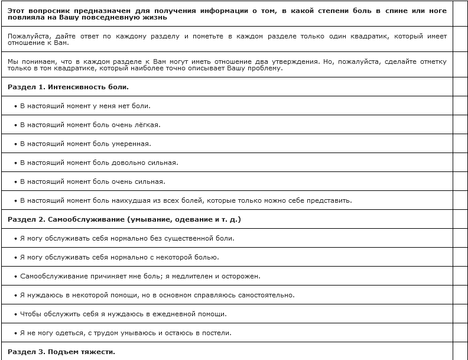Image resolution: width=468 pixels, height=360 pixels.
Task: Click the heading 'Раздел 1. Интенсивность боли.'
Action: (68, 87)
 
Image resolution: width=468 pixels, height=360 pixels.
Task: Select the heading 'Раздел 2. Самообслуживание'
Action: (124, 219)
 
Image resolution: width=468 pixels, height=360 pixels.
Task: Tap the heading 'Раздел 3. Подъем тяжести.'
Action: (61, 352)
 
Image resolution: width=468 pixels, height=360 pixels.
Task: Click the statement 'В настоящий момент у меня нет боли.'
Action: (85, 106)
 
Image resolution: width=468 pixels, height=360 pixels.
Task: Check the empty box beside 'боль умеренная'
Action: (460, 144)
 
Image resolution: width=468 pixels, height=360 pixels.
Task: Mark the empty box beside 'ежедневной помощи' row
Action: (460, 314)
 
